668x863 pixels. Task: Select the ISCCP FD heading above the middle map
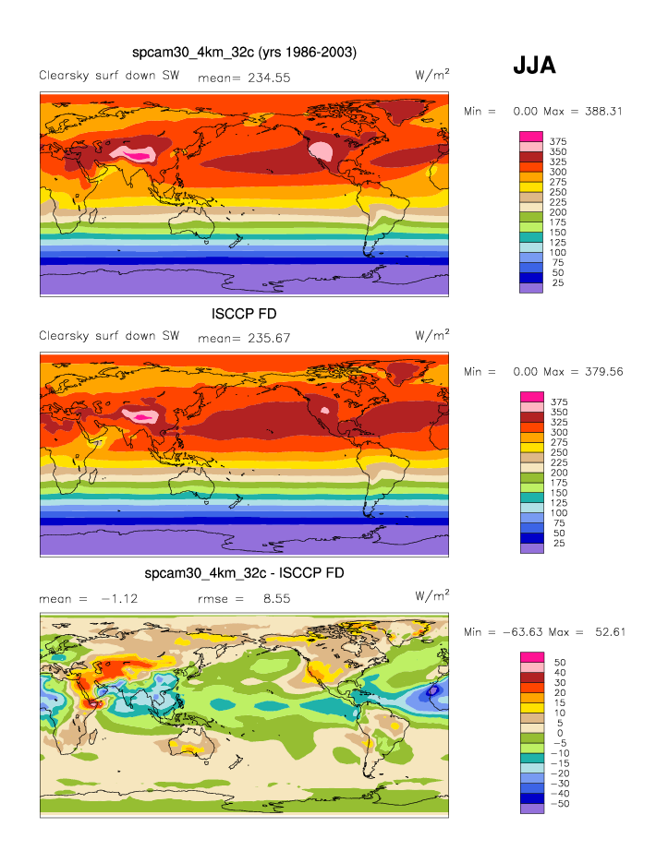245,314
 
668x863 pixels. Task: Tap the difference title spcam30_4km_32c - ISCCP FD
245,573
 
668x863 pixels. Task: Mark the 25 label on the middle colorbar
558,543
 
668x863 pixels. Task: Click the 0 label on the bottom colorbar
557,733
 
